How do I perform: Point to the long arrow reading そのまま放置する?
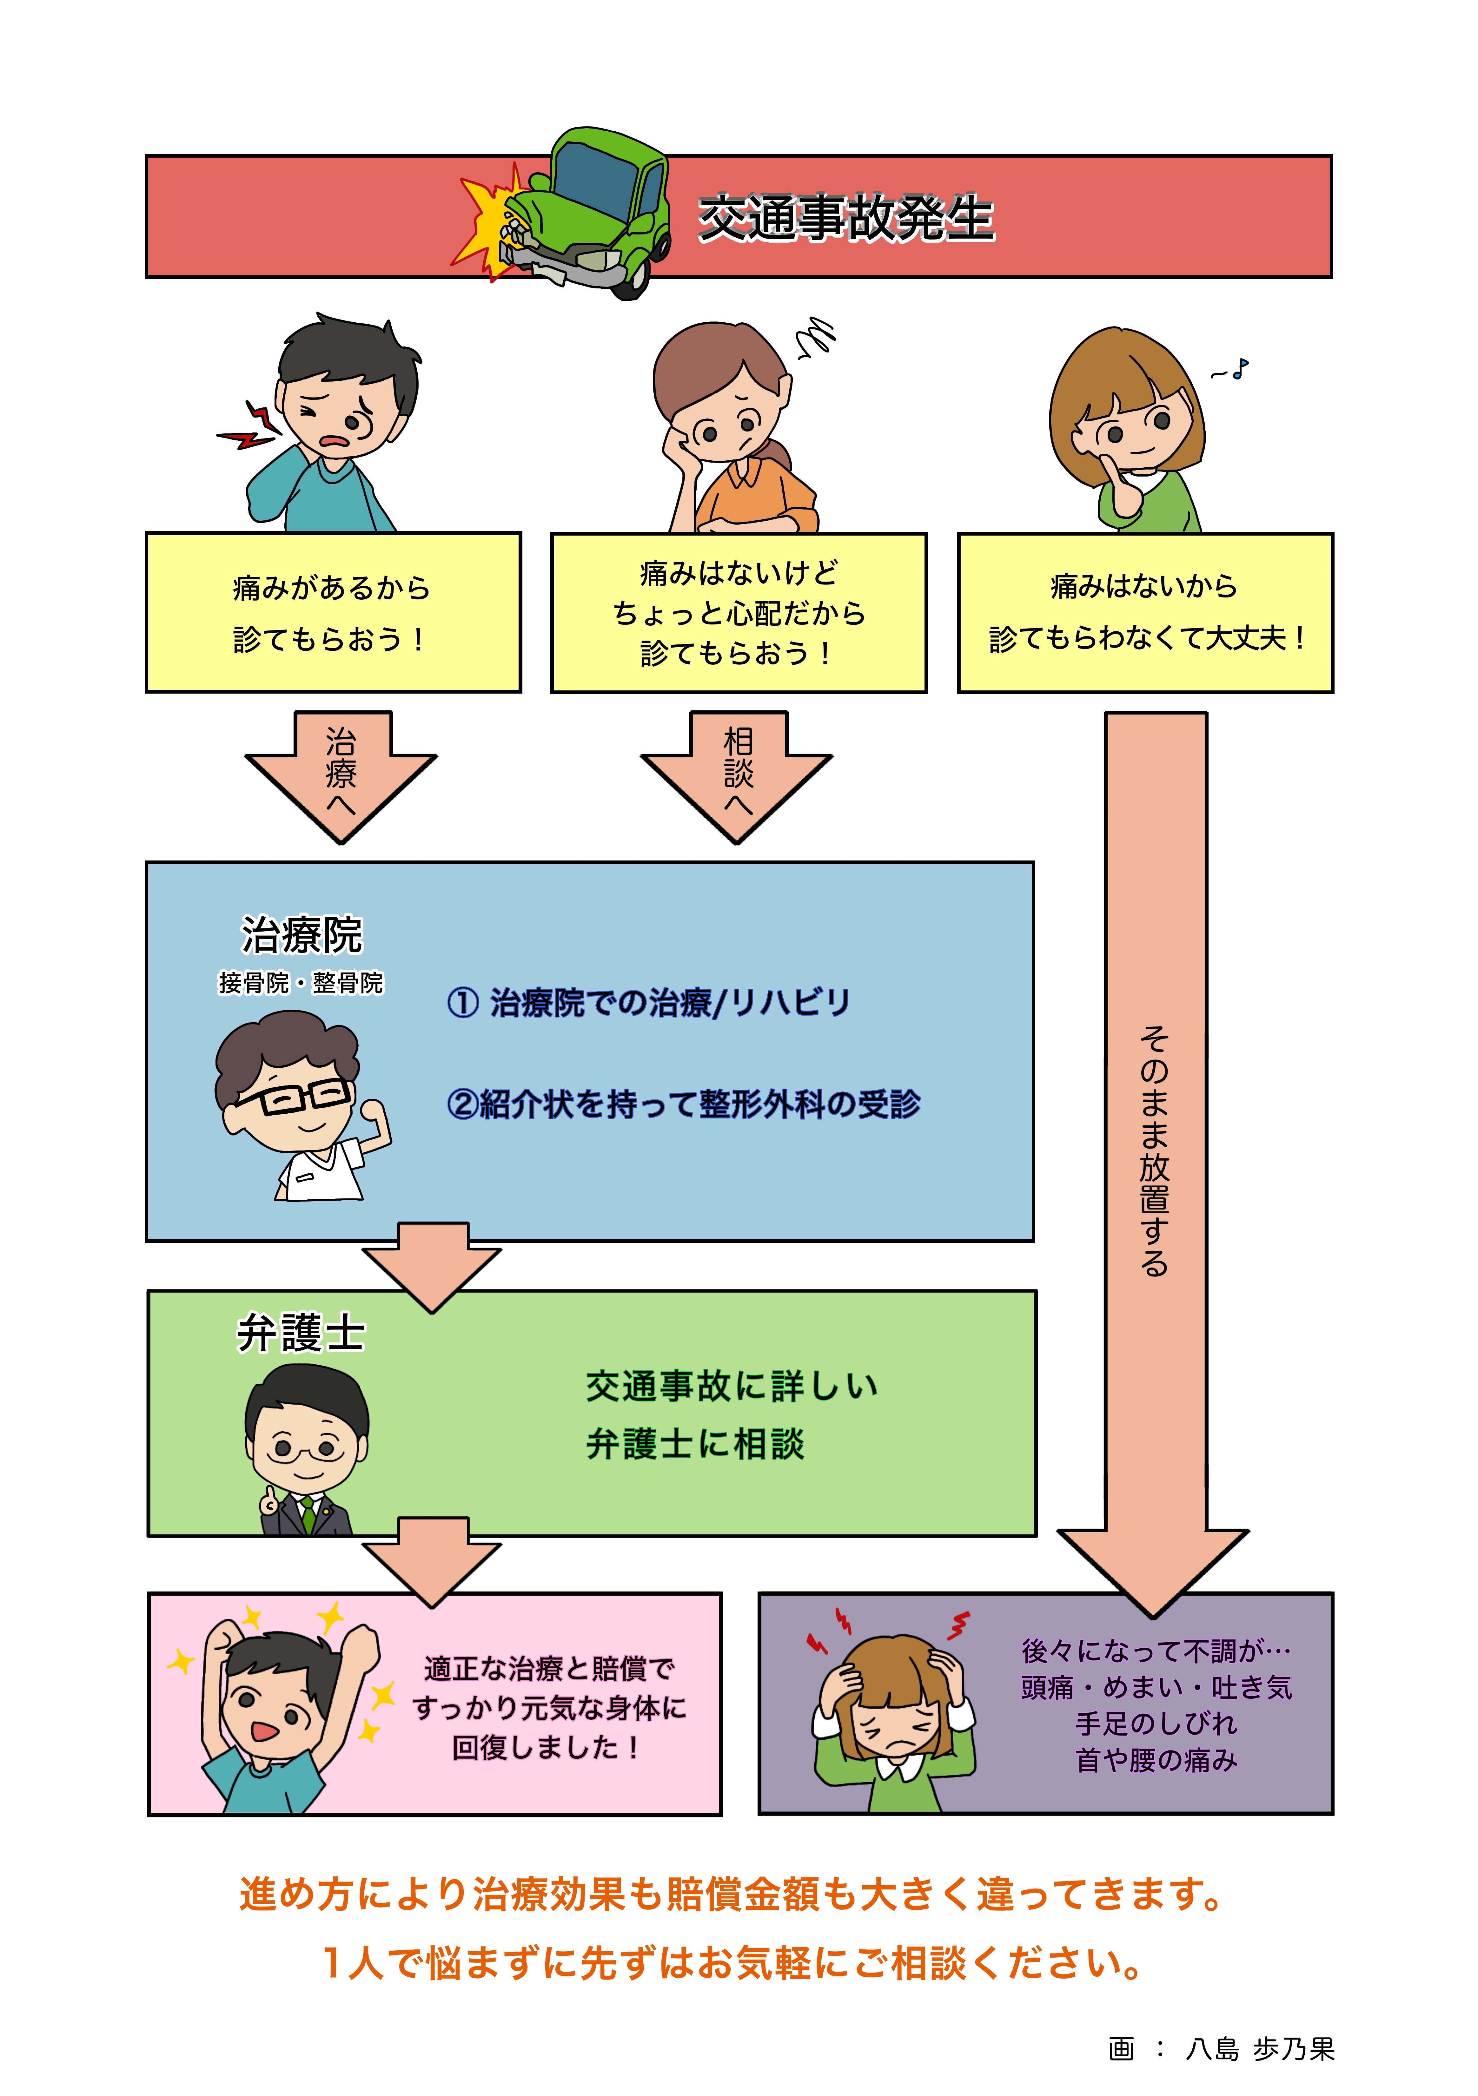pos(1155,1141)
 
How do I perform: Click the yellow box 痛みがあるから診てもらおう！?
pos(333,613)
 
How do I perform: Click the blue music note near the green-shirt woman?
pos(1239,369)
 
